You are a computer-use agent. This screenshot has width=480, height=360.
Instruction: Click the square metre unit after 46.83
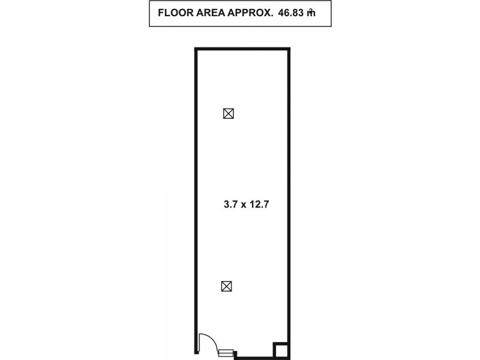tap(319, 13)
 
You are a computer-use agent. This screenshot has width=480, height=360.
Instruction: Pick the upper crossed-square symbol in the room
tap(228, 113)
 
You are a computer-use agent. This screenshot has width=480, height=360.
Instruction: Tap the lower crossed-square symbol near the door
tap(227, 286)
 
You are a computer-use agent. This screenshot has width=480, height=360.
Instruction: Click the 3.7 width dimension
tap(230, 204)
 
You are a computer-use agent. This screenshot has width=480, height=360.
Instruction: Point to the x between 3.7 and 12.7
tap(245, 205)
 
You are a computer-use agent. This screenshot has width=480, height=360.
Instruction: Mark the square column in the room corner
tap(281, 350)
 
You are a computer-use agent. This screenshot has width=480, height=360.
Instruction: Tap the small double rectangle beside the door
tap(226, 353)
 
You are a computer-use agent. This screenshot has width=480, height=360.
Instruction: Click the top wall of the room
tap(243, 49)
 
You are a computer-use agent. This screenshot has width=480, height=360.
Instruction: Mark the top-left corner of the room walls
tap(196, 49)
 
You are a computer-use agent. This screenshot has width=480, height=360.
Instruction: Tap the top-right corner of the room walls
tap(289, 49)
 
